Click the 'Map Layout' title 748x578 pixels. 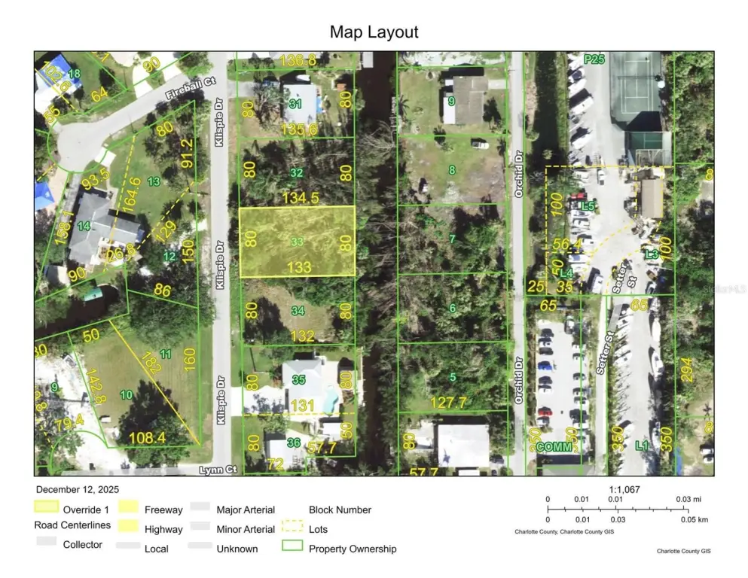point(374,32)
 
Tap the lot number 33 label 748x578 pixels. point(298,242)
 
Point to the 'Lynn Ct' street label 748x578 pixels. point(218,470)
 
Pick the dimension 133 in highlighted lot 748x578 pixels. point(299,267)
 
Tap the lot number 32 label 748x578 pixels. point(297,172)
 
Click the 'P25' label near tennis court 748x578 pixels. point(594,59)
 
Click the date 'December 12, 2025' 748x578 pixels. point(77,489)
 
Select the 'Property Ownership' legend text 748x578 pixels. point(353,549)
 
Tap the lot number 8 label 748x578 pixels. point(452,170)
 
